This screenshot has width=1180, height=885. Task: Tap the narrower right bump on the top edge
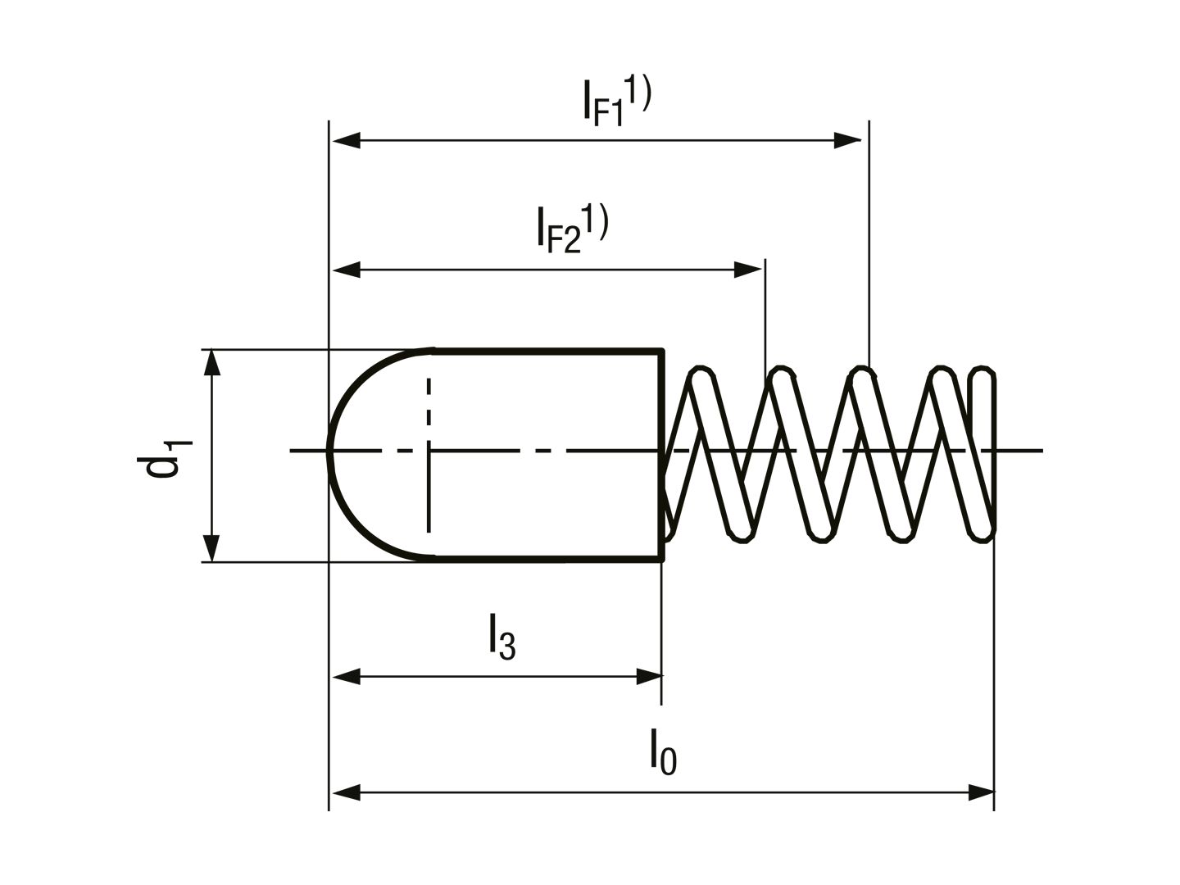[645, 75]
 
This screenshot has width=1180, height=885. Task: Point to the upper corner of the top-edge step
[584, 79]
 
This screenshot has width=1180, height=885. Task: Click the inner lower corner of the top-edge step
[583, 118]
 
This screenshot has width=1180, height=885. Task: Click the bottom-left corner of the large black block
[322, 811]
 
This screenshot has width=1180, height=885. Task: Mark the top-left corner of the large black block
[322, 119]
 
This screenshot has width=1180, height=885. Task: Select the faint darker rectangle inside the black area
[541, 455]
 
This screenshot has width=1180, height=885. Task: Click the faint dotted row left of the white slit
[860, 452]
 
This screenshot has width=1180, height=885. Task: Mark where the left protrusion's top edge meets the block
[321, 349]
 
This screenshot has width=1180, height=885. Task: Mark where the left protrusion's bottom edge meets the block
[321, 563]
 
